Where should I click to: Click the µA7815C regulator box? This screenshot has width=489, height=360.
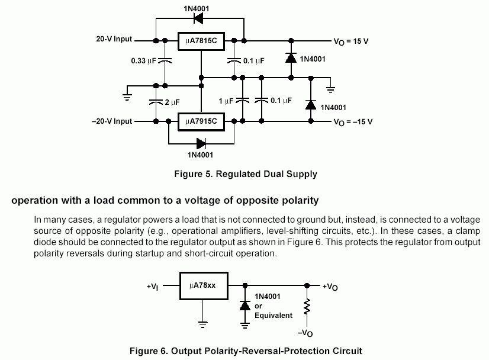pyautogui.click(x=201, y=40)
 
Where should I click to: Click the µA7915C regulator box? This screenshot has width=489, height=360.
pyautogui.click(x=201, y=121)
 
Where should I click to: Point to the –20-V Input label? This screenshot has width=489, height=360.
pyautogui.click(x=111, y=121)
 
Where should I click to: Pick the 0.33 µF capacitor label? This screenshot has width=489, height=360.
pyautogui.click(x=144, y=60)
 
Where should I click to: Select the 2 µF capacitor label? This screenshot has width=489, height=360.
pyautogui.click(x=172, y=102)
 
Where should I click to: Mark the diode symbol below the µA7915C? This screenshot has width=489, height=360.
pyautogui.click(x=201, y=142)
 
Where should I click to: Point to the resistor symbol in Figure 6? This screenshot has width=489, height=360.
pyautogui.click(x=307, y=307)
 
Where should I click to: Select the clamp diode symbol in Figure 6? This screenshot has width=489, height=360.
pyautogui.click(x=244, y=305)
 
